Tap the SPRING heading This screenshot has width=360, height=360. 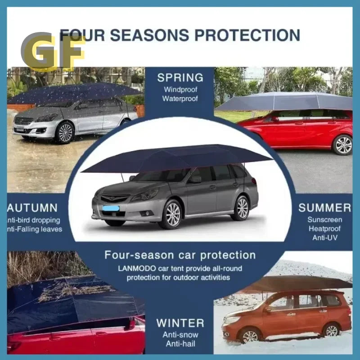pyautogui.click(x=180, y=77)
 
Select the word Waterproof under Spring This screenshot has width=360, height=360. pyautogui.click(x=180, y=99)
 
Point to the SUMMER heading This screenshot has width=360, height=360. pyautogui.click(x=324, y=207)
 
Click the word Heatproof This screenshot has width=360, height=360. pyautogui.click(x=324, y=229)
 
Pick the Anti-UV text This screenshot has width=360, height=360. pyautogui.click(x=324, y=238)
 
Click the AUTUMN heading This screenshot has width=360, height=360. pyautogui.click(x=32, y=208)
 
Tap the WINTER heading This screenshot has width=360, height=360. pyautogui.click(x=180, y=323)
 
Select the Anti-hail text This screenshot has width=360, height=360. pyautogui.click(x=180, y=344)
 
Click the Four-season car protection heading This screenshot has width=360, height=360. pyautogui.click(x=180, y=255)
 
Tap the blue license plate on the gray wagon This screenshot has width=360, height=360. pyautogui.click(x=111, y=208)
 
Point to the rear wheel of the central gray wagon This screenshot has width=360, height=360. pyautogui.click(x=242, y=208)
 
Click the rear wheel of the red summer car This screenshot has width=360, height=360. pyautogui.click(x=342, y=145)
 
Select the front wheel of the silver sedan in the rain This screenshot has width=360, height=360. pyautogui.click(x=65, y=133)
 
